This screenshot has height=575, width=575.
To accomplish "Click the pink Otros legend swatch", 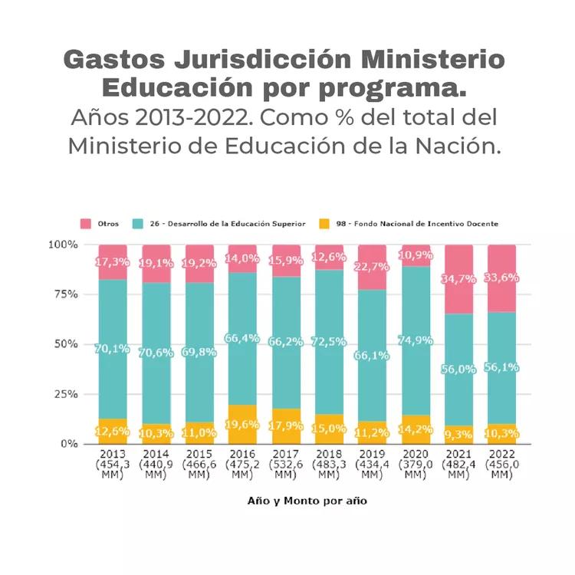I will point(86,224).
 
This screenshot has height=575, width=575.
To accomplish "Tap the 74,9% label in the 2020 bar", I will point(416,340).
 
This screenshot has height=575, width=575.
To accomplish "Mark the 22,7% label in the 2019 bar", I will point(372,267).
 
